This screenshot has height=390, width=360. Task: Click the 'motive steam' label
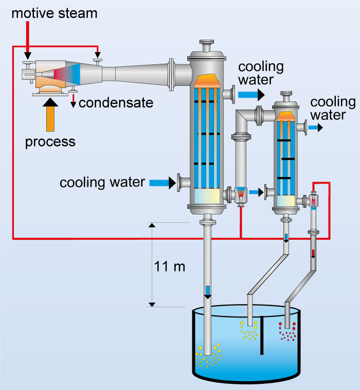click(55, 13)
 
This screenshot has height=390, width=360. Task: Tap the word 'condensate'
click(116, 103)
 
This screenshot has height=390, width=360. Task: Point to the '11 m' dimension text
click(169, 267)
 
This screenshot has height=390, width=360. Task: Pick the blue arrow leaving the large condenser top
click(251, 94)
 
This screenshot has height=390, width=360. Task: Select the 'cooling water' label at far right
click(333, 108)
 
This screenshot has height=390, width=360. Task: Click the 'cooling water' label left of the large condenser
click(102, 183)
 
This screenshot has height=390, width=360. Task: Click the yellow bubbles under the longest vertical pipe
click(208, 356)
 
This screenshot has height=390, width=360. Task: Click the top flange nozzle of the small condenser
click(286, 96)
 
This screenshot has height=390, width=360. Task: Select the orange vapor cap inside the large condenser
click(207, 80)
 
